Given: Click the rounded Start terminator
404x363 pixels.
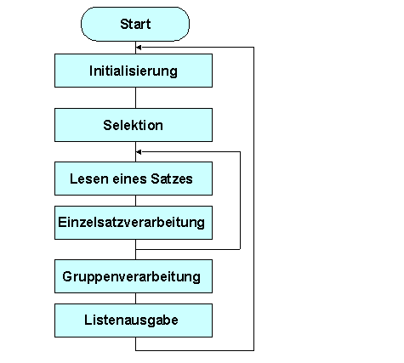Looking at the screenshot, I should tap(135, 25).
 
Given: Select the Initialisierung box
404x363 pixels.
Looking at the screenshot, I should tap(134, 71).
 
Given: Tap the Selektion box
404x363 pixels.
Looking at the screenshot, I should tap(134, 125).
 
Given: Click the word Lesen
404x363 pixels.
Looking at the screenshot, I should tap(88, 179).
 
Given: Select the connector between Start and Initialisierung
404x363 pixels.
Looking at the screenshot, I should tap(136, 48).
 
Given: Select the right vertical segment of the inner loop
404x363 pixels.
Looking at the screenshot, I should tap(240, 200).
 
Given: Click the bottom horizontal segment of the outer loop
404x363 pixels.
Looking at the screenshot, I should tap(196, 349).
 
